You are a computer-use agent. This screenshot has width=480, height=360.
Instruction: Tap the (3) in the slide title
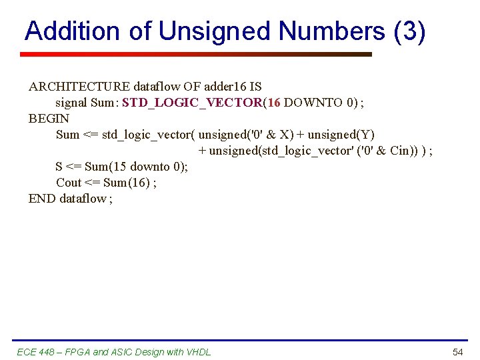[x=409, y=31]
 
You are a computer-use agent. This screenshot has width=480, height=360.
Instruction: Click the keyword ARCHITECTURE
[x=79, y=87]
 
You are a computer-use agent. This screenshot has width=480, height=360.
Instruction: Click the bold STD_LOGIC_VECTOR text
[x=193, y=103]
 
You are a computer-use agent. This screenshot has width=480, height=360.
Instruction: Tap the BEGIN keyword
[x=49, y=119]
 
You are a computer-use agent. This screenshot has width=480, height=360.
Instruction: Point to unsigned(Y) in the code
[x=341, y=135]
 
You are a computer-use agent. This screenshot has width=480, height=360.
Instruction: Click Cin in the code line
[x=400, y=151]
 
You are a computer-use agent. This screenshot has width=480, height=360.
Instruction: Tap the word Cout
[x=69, y=183]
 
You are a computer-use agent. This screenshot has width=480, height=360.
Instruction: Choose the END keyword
[x=42, y=199]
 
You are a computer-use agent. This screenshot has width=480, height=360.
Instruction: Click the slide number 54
[x=457, y=352]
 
